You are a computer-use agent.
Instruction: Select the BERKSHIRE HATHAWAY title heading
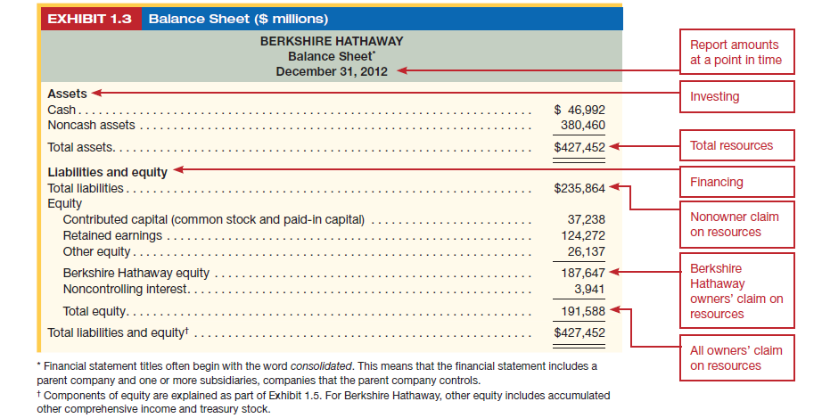(x=331, y=41)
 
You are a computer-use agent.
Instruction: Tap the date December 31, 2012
(x=331, y=72)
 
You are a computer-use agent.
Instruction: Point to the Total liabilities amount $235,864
(x=580, y=188)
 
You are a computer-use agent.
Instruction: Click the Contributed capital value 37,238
(x=587, y=219)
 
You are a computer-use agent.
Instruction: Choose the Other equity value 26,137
(x=587, y=251)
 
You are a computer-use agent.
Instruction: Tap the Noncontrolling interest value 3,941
(x=589, y=289)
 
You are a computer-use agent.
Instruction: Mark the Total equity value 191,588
(x=584, y=311)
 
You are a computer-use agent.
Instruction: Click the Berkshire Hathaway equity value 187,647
(x=584, y=273)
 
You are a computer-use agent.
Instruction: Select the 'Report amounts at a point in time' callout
(x=735, y=53)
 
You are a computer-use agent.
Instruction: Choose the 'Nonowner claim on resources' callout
(x=735, y=225)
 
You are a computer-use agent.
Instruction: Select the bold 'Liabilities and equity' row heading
(x=107, y=172)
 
